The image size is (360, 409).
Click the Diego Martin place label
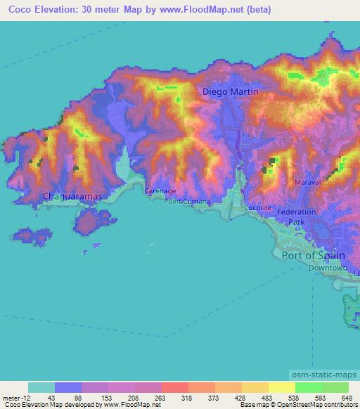pos(230,92)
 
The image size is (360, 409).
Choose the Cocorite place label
pos(257,209)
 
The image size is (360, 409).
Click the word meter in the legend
pos(11,397)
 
